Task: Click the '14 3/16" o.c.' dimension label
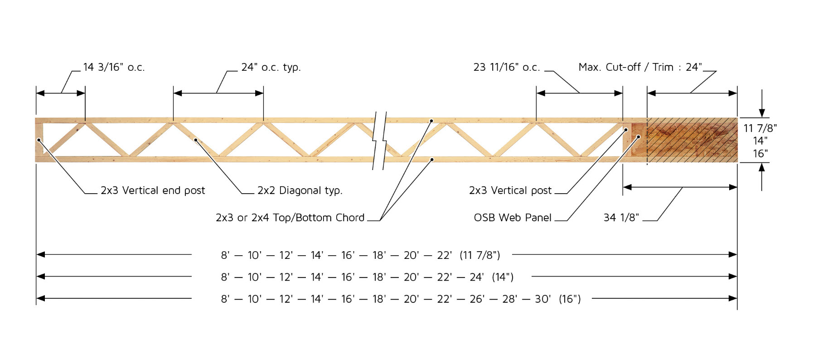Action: tap(114, 67)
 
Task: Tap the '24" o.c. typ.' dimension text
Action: tap(271, 67)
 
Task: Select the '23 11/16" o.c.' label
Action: tap(507, 67)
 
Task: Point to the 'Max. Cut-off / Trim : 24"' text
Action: tap(640, 67)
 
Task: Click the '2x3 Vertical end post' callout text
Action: tap(153, 190)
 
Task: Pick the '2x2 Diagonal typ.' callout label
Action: tap(300, 190)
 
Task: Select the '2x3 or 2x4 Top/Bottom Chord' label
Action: tap(290, 218)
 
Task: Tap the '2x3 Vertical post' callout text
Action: tap(510, 190)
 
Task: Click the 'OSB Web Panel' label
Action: tap(513, 218)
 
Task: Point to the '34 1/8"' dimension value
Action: tap(621, 218)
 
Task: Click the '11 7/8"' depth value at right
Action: tap(760, 128)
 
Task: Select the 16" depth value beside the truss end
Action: tap(760, 154)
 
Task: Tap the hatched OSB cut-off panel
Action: tap(692, 140)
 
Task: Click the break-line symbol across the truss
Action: tap(380, 141)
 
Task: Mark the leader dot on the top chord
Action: tap(431, 121)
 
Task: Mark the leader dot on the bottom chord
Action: tap(432, 160)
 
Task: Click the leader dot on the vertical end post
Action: tap(39, 140)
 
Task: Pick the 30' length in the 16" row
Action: tap(542, 299)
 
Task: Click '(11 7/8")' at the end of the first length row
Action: tap(480, 255)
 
